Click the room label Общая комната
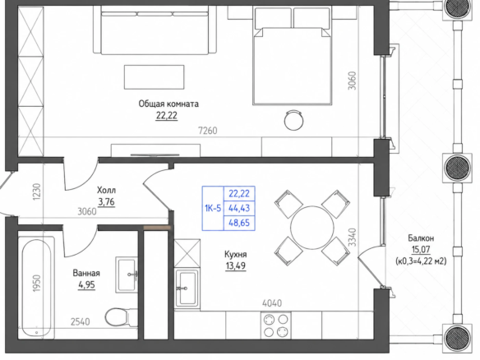tap(168, 104)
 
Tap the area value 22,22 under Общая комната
tap(167, 116)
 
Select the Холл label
tap(106, 191)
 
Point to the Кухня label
tap(235, 255)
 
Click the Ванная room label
tap(86, 273)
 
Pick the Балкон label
tap(421, 238)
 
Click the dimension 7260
tap(208, 131)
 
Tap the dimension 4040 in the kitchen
tap(272, 303)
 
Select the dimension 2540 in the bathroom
tap(81, 321)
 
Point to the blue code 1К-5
tap(213, 209)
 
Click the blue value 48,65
tap(239, 223)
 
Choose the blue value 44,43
tap(239, 208)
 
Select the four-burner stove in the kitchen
tap(276, 325)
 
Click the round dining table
tap(312, 228)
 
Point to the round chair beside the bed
tap(294, 120)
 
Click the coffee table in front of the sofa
tap(155, 76)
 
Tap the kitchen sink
tap(187, 288)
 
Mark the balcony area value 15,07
tap(421, 250)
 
